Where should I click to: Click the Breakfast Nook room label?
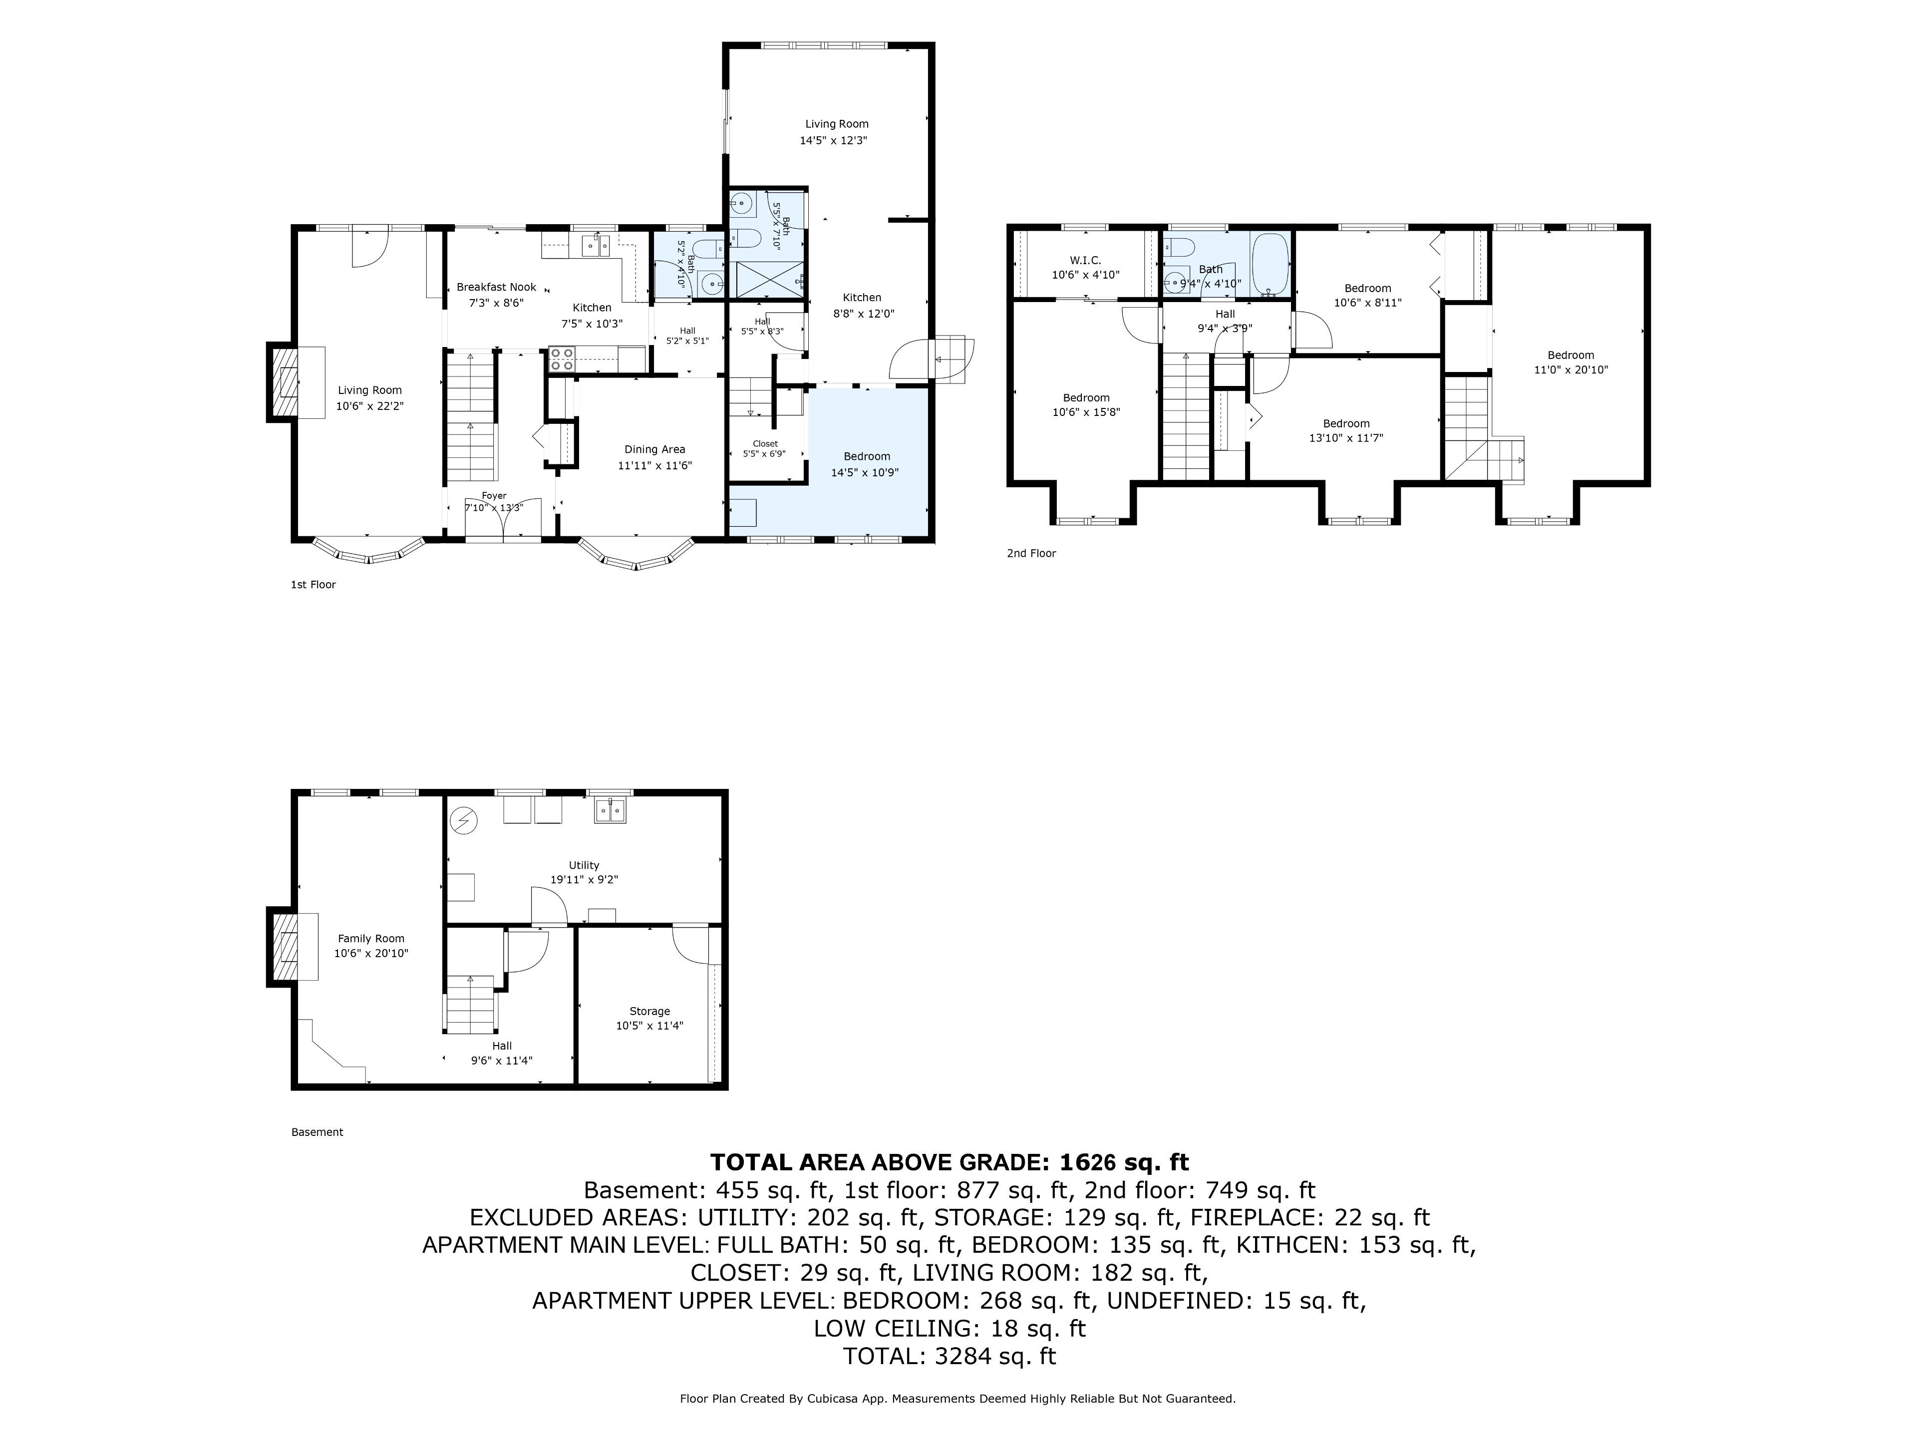497,287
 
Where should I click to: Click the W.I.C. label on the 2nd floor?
1085,260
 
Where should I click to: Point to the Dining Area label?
654,449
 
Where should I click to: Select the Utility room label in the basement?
584,865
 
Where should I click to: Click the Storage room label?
650,1011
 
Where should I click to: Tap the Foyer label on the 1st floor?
494,496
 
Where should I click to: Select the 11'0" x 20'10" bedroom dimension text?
1571,369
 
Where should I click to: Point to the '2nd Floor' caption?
1031,553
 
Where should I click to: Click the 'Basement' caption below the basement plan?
317,1132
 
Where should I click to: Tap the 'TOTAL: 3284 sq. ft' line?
950,1356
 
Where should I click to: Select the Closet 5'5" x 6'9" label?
765,448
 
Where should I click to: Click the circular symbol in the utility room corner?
464,820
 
